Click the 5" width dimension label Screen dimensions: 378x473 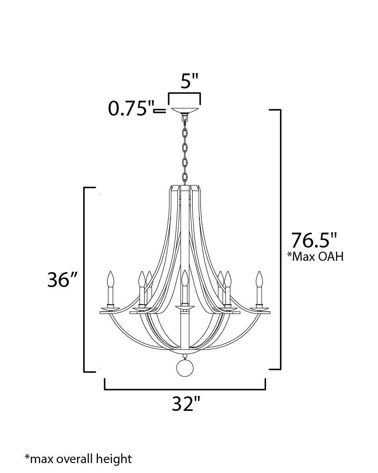[x=189, y=81]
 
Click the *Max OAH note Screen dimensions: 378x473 [x=315, y=256]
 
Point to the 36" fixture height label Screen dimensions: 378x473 [x=63, y=279]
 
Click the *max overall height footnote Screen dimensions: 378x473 [x=78, y=458]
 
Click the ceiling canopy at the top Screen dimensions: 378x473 [x=185, y=109]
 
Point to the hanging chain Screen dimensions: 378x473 [x=185, y=149]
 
